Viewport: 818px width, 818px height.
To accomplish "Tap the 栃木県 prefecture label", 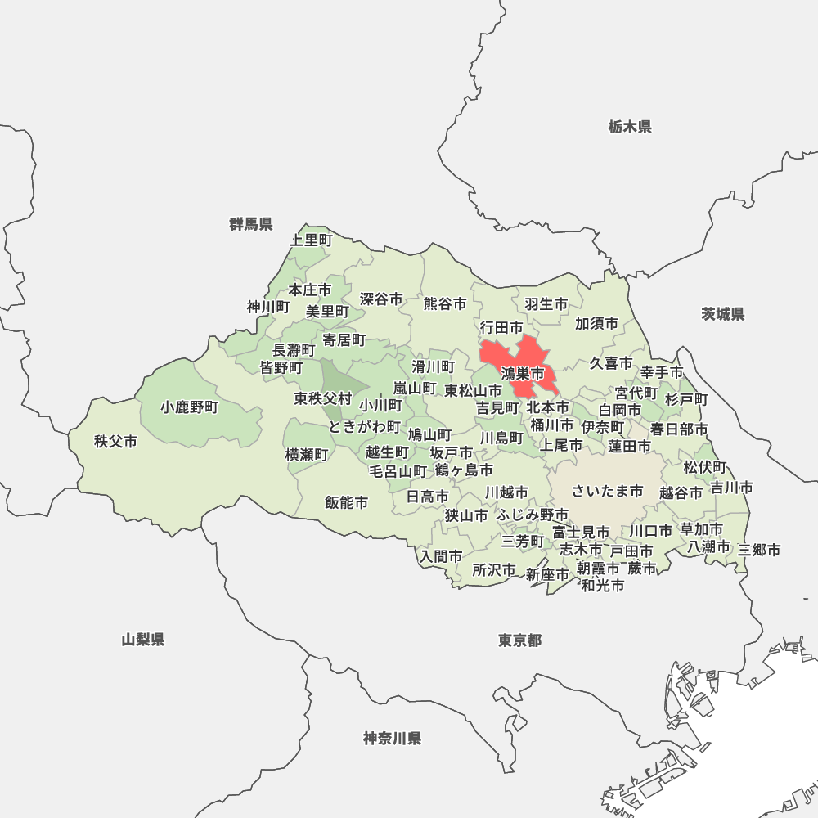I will pyautogui.click(x=629, y=127).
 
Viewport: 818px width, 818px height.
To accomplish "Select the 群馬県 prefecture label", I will pyautogui.click(x=251, y=224).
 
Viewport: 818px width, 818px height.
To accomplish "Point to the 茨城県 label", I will pyautogui.click(x=722, y=314).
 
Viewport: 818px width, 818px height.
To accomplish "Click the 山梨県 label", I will pyautogui.click(x=143, y=640).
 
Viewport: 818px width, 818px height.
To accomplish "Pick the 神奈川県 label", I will pyautogui.click(x=392, y=739).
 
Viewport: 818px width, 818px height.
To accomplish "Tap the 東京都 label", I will pyautogui.click(x=519, y=640).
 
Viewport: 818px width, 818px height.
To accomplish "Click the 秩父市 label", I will pyautogui.click(x=115, y=442).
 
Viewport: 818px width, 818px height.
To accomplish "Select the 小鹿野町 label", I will pyautogui.click(x=189, y=407).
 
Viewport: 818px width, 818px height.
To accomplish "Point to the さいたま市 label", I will pyautogui.click(x=607, y=491).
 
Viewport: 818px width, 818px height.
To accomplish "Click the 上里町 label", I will pyautogui.click(x=312, y=240).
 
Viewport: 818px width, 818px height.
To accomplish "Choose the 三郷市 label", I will pyautogui.click(x=759, y=551).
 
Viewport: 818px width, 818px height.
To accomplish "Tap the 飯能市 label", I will pyautogui.click(x=346, y=503).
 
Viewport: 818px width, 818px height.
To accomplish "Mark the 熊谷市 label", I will pyautogui.click(x=445, y=303).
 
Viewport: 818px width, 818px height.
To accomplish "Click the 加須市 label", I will pyautogui.click(x=596, y=324).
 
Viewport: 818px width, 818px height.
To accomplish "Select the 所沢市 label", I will pyautogui.click(x=494, y=570).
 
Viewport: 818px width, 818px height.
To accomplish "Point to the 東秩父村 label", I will pyautogui.click(x=323, y=399).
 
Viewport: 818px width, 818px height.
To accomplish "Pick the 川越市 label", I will pyautogui.click(x=506, y=492).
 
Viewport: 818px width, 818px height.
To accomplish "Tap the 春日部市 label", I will pyautogui.click(x=679, y=429).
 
